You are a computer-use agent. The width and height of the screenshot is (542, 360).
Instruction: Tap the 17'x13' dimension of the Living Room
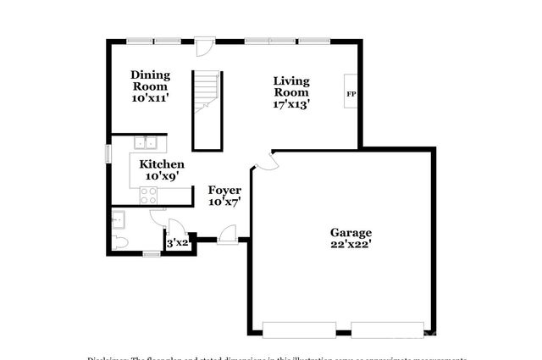pyautogui.click(x=291, y=105)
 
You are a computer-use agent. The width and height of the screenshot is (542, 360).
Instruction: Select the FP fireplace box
pyautogui.click(x=350, y=93)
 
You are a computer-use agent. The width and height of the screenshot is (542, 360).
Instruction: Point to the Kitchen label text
pyautogui.click(x=162, y=164)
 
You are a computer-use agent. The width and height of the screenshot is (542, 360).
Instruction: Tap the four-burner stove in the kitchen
pyautogui.click(x=149, y=195)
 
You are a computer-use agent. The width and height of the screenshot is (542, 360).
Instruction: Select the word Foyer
pyautogui.click(x=224, y=191)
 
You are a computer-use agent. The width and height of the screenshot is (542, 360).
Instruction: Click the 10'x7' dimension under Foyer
pyautogui.click(x=224, y=202)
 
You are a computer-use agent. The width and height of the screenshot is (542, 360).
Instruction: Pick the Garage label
pyautogui.click(x=351, y=232)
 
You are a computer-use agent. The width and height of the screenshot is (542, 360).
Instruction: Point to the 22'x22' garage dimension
pyautogui.click(x=351, y=245)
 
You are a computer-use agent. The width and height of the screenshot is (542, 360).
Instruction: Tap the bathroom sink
pyautogui.click(x=119, y=220)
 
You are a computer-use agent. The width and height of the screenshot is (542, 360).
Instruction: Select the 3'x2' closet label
pyautogui.click(x=176, y=243)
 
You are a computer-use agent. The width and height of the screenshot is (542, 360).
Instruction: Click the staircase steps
pyautogui.click(x=207, y=93)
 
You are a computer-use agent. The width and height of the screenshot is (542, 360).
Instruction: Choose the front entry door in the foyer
pyautogui.click(x=227, y=239)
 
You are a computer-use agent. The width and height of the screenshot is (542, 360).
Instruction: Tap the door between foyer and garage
pyautogui.click(x=263, y=162)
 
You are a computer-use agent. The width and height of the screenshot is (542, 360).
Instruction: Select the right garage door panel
pyautogui.click(x=387, y=330)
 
